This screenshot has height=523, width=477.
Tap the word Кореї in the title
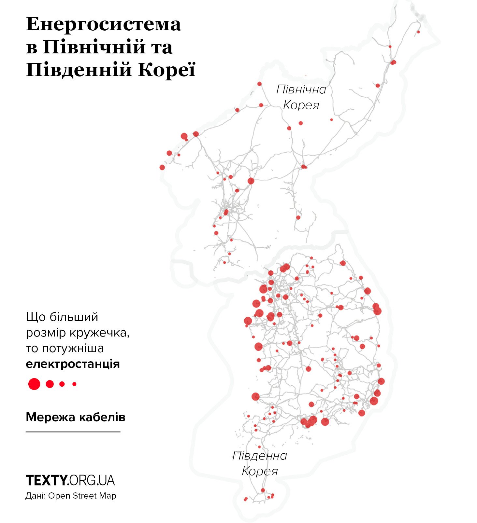166,70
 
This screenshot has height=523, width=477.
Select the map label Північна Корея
301,97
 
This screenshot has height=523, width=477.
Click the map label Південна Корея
260,463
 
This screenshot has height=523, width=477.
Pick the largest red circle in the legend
34,384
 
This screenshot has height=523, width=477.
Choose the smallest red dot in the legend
75,384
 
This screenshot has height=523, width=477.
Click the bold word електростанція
73,364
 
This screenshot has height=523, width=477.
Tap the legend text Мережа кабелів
76,417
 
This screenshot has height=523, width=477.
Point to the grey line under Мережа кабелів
73,432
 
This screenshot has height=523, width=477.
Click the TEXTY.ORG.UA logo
70,480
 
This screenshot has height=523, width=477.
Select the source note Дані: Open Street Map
71,496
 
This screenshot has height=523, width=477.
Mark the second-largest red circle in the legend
50,384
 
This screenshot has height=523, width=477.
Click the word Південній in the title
79,70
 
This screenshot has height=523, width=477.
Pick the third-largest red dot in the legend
62,384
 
